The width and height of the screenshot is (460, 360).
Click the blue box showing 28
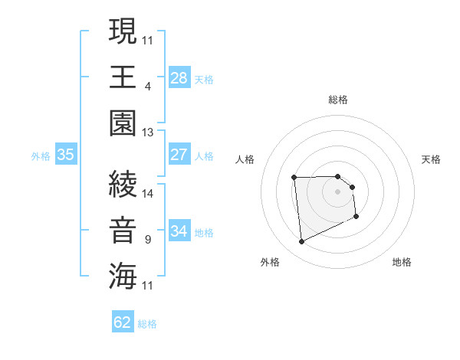[x=179, y=77]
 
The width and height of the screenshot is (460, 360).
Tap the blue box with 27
[x=179, y=155]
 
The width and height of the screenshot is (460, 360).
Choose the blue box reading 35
[x=65, y=155]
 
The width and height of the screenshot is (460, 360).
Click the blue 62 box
[x=123, y=322]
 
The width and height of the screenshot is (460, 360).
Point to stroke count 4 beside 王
[x=147, y=87]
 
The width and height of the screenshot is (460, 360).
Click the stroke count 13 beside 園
[x=147, y=133]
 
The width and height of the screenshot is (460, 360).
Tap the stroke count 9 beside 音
[x=147, y=240]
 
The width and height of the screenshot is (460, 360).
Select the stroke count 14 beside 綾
[x=147, y=194]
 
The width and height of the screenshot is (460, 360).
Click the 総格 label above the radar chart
[x=338, y=100]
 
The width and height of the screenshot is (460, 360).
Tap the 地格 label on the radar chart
[x=402, y=262]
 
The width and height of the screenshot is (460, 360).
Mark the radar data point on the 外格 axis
[x=301, y=242]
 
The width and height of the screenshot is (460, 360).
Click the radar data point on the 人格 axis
[x=294, y=178]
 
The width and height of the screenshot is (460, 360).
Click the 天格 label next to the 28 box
[x=204, y=79]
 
